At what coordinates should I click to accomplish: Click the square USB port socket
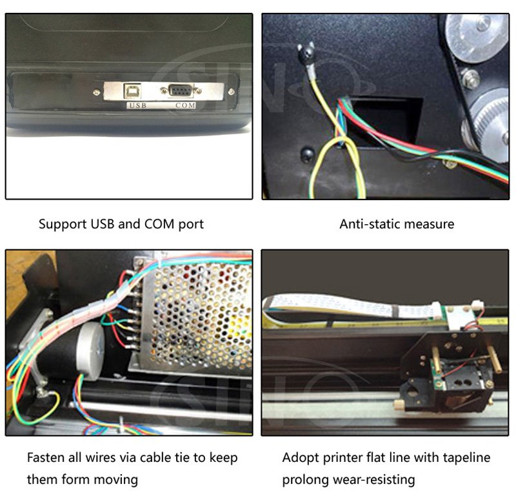[x=132, y=91]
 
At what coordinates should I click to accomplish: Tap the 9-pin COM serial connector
[x=181, y=90]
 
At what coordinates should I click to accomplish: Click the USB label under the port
[x=138, y=105]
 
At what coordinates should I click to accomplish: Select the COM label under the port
[x=185, y=105]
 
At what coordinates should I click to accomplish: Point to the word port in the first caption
[x=191, y=225]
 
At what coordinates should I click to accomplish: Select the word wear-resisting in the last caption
[x=373, y=479]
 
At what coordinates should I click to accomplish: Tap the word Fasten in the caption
[x=46, y=457]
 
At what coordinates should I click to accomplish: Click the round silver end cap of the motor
[x=91, y=350]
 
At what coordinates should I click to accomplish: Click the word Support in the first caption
[x=63, y=225]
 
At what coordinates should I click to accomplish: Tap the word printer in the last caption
[x=343, y=458]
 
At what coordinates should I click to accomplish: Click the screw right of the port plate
[x=231, y=92]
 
